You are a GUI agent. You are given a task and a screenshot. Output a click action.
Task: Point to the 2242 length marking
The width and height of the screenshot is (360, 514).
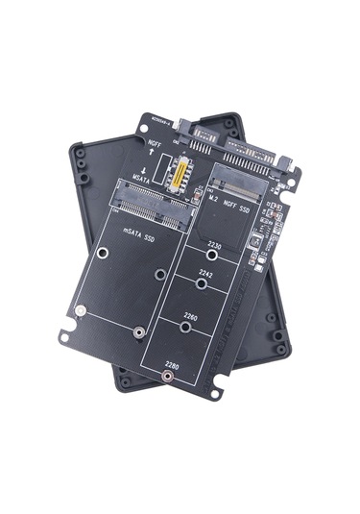pos(204,273)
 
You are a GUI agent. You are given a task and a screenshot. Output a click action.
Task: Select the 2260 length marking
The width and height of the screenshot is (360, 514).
pos(191,315)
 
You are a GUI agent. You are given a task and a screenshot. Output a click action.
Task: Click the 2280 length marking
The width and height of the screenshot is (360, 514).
pos(173,364)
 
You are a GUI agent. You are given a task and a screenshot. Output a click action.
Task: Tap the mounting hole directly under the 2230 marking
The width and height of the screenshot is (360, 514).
pos(211,256)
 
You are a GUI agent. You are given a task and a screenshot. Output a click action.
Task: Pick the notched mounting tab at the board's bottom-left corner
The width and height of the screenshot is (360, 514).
pos(64,337)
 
